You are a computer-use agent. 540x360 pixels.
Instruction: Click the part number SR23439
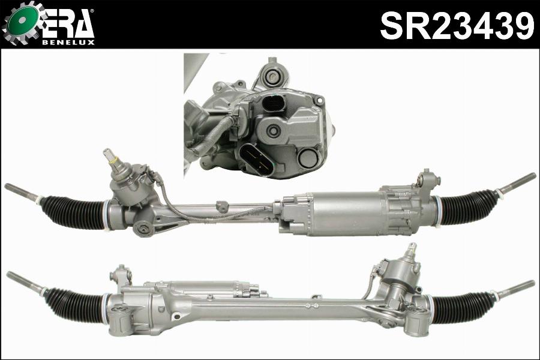point(457,25)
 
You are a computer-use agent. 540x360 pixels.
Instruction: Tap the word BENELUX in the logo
point(68,43)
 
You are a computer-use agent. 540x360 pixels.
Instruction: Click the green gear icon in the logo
point(23,22)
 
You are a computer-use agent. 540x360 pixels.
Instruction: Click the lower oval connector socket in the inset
point(256,159)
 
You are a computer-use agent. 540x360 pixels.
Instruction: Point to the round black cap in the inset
point(308,157)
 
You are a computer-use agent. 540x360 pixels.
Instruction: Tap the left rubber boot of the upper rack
point(73,211)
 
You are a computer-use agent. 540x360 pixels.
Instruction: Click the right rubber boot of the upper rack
point(469,206)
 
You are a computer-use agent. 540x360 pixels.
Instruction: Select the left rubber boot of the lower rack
point(76,305)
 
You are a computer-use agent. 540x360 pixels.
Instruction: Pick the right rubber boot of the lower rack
point(463,307)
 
